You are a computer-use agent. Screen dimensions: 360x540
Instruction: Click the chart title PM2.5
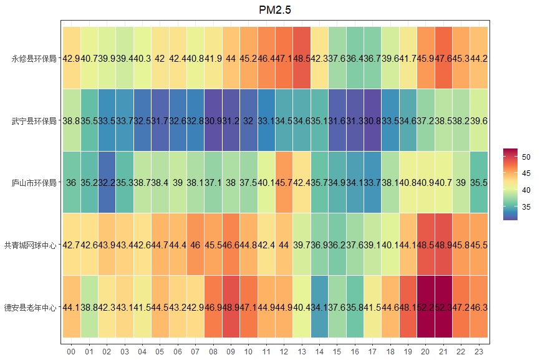(275, 10)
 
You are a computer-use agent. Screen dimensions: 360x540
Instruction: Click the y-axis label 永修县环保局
(34, 59)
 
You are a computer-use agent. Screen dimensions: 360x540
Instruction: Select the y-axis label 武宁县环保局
(34, 120)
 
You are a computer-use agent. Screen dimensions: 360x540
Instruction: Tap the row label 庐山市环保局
(34, 183)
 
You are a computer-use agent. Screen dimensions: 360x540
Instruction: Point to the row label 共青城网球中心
(30, 245)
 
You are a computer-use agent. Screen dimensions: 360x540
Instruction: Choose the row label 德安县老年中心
(30, 307)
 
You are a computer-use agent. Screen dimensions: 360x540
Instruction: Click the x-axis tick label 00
(71, 352)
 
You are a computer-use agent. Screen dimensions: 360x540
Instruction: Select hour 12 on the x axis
(284, 352)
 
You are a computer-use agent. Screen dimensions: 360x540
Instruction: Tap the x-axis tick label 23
(479, 352)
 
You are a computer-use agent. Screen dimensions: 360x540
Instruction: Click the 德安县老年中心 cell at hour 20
(426, 307)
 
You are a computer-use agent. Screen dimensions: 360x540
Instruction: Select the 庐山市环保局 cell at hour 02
(107, 183)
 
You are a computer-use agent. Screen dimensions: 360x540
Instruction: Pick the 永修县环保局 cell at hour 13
(302, 59)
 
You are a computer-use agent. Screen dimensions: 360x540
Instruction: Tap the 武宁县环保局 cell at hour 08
(213, 120)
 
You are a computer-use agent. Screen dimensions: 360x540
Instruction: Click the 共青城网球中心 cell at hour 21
(443, 245)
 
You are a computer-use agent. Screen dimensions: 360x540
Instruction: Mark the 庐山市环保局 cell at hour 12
(284, 183)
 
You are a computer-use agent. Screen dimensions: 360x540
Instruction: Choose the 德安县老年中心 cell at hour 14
(319, 307)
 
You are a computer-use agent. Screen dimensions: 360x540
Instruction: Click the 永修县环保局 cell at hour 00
(71, 59)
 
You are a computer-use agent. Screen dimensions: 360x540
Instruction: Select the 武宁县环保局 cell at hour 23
(479, 120)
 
